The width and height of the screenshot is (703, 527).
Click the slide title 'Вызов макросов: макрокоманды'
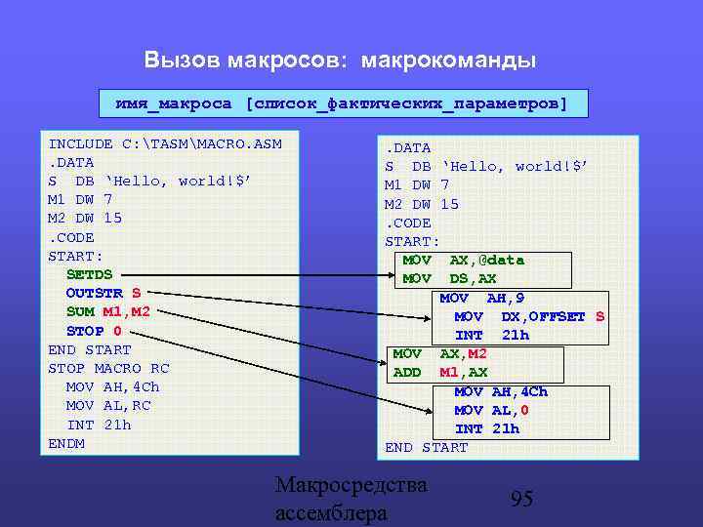[x=340, y=61]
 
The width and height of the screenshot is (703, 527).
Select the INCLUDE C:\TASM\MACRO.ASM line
[x=165, y=144]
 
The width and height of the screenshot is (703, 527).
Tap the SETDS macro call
[x=89, y=274]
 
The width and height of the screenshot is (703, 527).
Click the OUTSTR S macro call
[x=103, y=293]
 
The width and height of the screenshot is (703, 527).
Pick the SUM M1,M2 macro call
[x=107, y=311]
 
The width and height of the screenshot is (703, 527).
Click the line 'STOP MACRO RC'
[x=108, y=368]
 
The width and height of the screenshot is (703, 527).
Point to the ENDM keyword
[x=66, y=443]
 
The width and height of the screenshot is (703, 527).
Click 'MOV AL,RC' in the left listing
[x=108, y=405]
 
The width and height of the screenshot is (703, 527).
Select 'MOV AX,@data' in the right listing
[x=463, y=260]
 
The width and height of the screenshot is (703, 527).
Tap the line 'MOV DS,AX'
[x=450, y=278]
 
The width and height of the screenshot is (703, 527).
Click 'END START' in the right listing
[x=427, y=447]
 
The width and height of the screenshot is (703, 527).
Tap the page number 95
[x=522, y=499]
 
